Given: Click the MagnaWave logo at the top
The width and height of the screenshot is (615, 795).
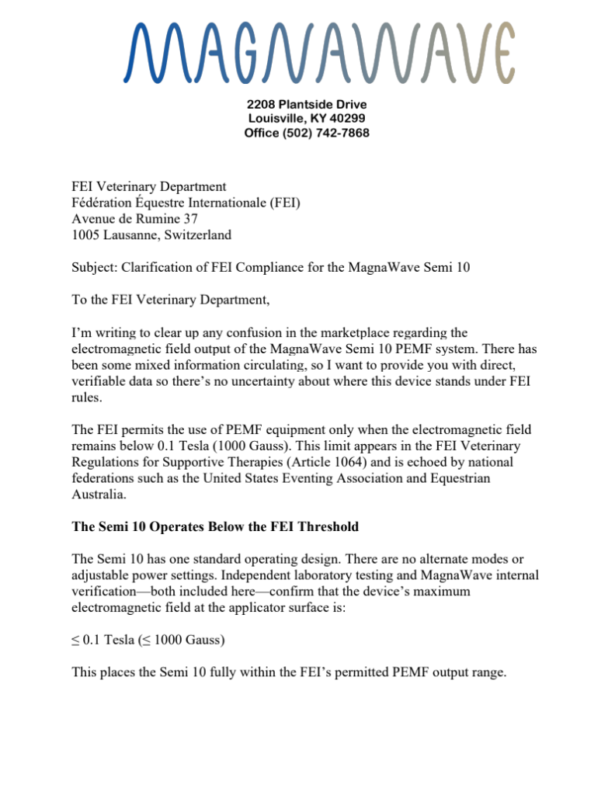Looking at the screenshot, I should [318, 52].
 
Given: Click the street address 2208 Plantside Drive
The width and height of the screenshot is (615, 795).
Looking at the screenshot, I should [307, 104].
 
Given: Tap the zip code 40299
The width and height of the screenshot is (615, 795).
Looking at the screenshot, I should [347, 118].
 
